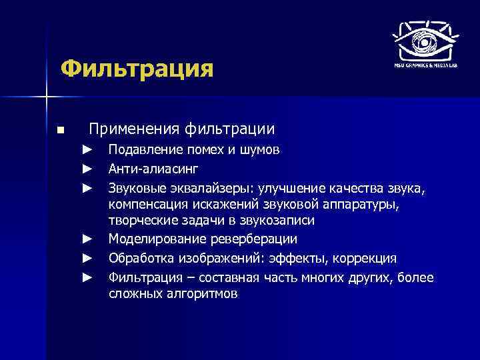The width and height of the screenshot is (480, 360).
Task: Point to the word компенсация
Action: click(145, 203)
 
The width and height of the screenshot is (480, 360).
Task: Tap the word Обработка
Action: click(137, 258)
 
